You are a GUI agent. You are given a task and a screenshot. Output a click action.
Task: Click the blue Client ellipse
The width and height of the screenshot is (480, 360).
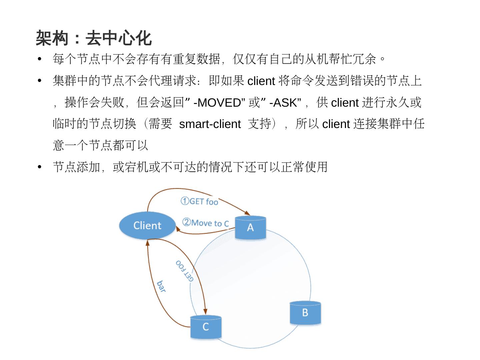click(x=147, y=226)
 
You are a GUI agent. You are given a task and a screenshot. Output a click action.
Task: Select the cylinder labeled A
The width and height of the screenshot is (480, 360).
click(x=250, y=228)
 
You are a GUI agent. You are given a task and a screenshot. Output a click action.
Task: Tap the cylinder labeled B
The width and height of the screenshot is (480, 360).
click(x=305, y=313)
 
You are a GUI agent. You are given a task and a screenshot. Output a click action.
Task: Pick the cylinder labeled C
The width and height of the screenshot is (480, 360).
click(x=206, y=327)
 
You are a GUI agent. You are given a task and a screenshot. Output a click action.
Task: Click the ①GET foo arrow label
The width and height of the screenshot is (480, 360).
click(x=199, y=201)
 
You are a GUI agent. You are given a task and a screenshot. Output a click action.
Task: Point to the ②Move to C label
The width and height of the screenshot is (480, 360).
click(x=206, y=223)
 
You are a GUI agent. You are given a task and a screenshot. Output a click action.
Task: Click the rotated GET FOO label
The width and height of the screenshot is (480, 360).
click(x=185, y=271)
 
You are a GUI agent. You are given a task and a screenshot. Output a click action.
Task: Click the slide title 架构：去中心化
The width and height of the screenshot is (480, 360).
click(x=94, y=38)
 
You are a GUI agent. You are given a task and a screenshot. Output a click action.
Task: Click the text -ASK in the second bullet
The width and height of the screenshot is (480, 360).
click(x=283, y=103)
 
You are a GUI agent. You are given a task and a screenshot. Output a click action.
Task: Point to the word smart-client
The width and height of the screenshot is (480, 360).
click(x=210, y=124)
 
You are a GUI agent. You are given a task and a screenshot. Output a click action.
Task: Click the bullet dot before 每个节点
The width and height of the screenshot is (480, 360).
click(x=40, y=59)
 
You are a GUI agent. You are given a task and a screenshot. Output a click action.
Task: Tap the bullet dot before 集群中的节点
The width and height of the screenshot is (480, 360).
click(x=40, y=81)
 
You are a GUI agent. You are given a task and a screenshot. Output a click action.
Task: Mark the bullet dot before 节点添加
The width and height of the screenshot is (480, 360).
click(x=40, y=167)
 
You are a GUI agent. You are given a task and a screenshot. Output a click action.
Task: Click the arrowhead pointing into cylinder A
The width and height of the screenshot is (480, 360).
click(x=248, y=213)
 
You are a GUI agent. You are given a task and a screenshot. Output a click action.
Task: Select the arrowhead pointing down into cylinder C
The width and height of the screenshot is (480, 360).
click(x=205, y=312)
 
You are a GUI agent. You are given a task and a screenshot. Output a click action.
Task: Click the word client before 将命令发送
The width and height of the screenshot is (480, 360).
click(x=261, y=81)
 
